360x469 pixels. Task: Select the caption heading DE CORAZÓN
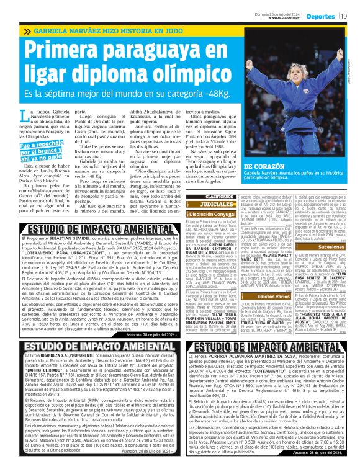click(x=265, y=167)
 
